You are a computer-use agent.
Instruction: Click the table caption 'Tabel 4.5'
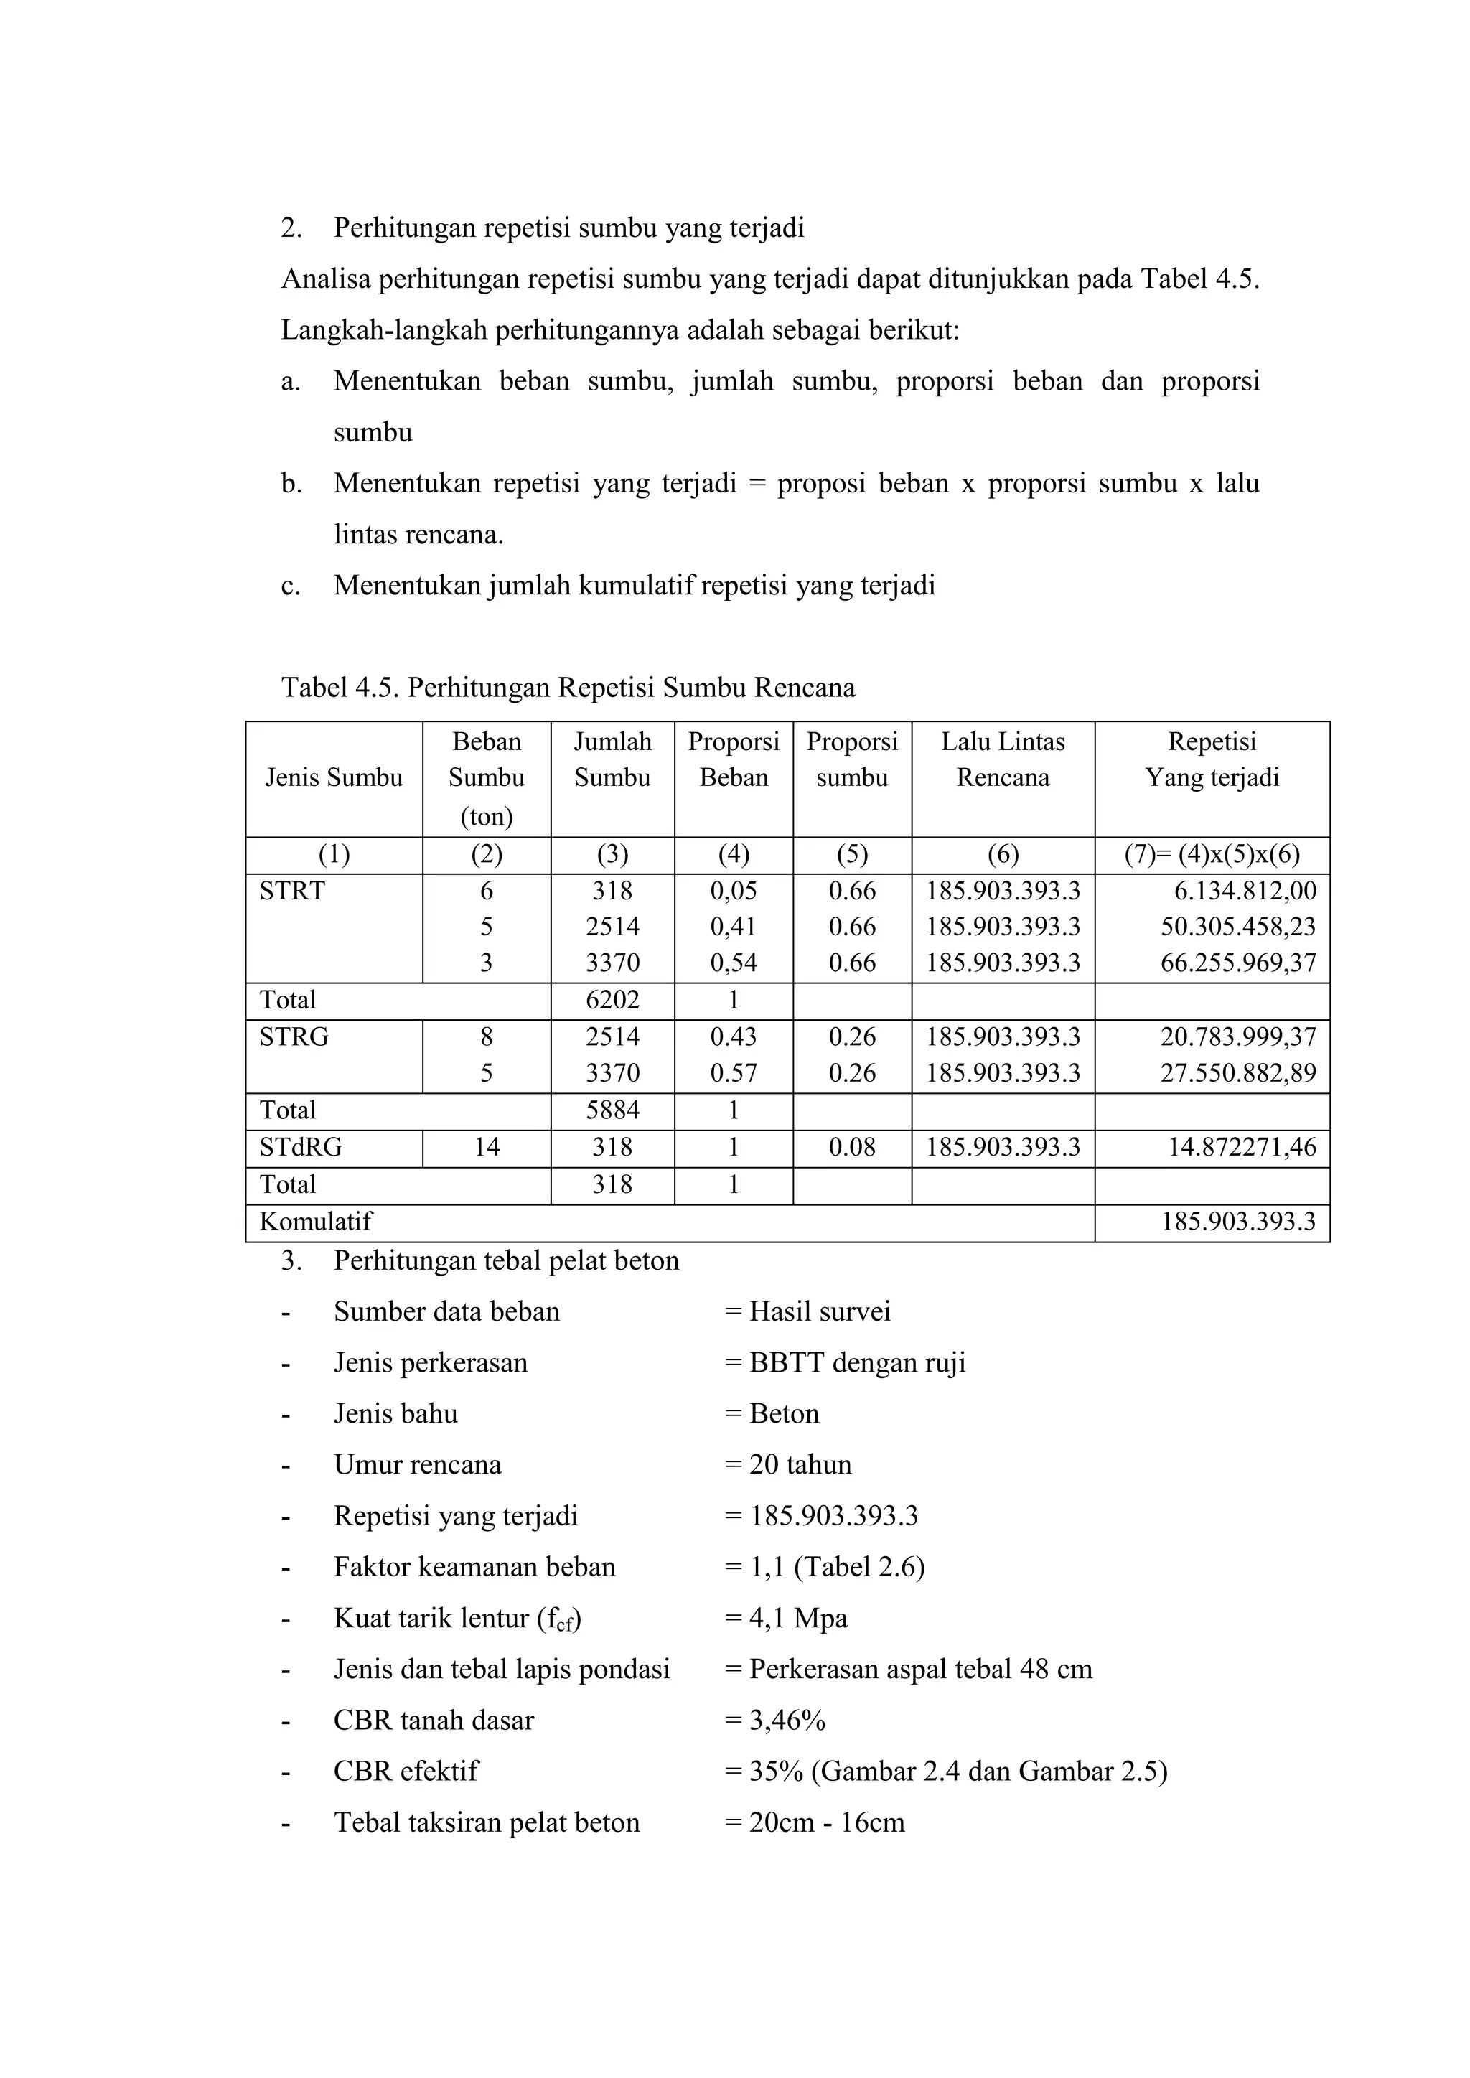tap(568, 688)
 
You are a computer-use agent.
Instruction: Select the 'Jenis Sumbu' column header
tap(333, 777)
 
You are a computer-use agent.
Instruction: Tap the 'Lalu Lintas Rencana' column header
tap(1003, 759)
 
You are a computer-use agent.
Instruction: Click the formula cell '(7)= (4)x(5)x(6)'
tap(1212, 854)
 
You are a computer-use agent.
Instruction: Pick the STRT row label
tap(291, 891)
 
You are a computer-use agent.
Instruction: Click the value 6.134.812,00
tap(1245, 891)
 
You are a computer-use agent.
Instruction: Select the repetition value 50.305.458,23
tap(1238, 927)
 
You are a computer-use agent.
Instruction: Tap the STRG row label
tap(294, 1037)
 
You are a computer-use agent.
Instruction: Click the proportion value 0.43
tap(733, 1037)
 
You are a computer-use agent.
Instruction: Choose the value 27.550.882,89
tap(1238, 1073)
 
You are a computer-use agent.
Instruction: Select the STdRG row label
tap(301, 1148)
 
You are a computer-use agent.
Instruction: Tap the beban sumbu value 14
tap(486, 1148)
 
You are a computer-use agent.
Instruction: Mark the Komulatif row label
tap(315, 1222)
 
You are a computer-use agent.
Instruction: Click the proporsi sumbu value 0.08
tap(852, 1148)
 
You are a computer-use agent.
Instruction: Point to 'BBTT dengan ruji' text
tap(857, 1363)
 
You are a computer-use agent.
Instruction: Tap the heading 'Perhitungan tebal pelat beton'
tap(506, 1260)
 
